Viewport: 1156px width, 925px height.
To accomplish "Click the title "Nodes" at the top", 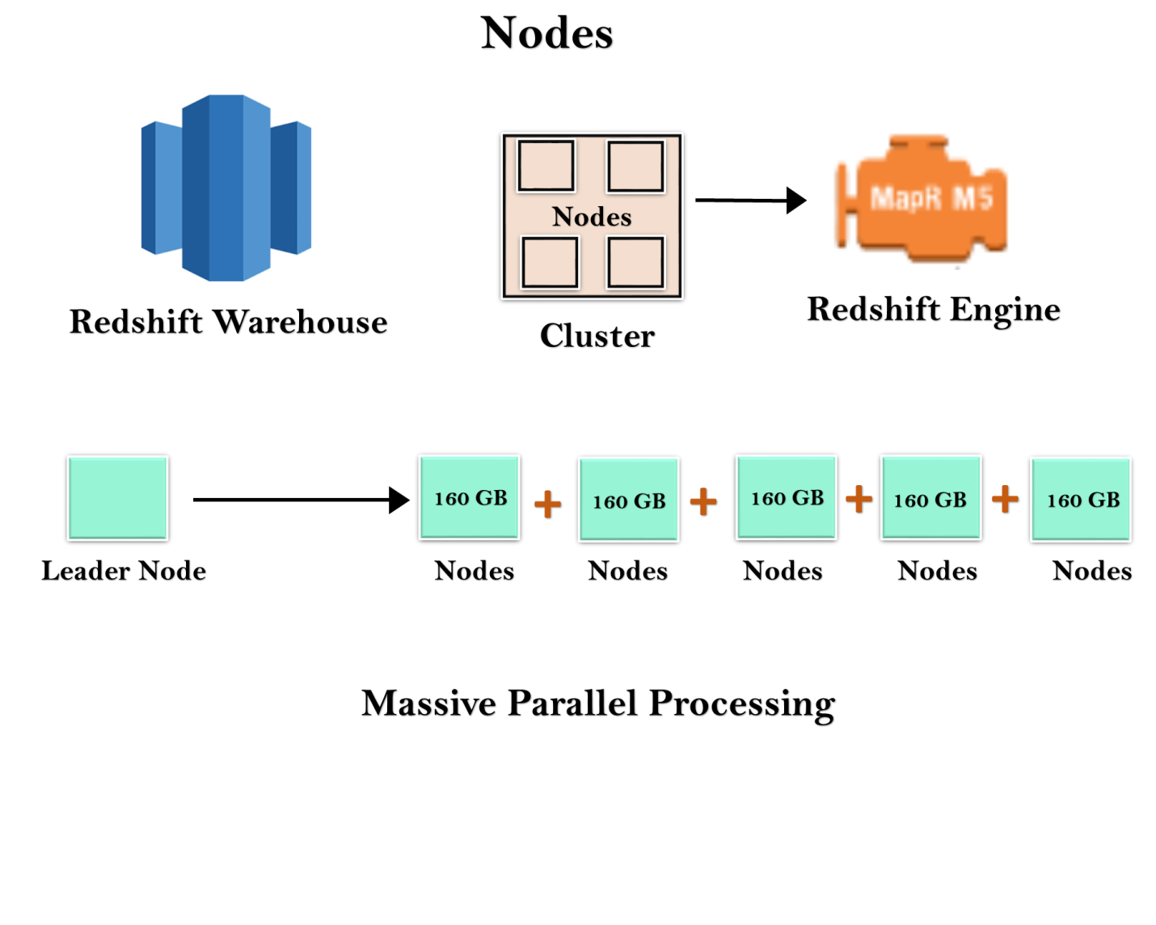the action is tap(546, 33).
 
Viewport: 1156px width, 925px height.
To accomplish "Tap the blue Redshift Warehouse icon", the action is tap(226, 188).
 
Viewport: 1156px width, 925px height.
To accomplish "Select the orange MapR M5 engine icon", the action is tap(921, 198).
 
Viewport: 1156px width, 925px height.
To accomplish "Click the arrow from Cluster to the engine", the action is tap(750, 201).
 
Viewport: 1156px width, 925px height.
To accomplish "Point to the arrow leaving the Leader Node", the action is tap(301, 500).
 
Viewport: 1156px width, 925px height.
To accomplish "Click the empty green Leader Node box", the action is tap(118, 498).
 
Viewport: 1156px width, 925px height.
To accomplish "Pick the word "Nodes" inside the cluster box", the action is tap(592, 217).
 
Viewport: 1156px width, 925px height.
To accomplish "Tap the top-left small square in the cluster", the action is tap(546, 166).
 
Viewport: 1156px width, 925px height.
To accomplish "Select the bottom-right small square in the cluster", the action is tap(635, 263).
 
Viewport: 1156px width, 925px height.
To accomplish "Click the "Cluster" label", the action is tap(597, 336).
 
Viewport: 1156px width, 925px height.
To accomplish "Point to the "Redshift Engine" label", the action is tap(934, 310).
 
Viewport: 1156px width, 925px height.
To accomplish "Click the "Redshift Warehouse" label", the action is tap(228, 322).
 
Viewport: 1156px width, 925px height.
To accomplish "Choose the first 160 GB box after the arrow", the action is tap(470, 497).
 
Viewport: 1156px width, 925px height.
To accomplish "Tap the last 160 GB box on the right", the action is tap(1081, 500).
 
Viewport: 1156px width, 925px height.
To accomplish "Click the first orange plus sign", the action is tap(547, 505).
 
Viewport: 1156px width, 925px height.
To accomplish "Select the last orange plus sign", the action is tap(1005, 500).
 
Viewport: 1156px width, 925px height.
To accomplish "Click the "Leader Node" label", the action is tap(124, 571).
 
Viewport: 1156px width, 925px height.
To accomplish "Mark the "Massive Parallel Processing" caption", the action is tap(598, 703).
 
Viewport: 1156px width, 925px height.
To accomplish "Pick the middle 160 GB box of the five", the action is tap(787, 497).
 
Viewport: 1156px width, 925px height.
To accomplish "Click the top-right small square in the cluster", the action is tap(635, 166).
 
